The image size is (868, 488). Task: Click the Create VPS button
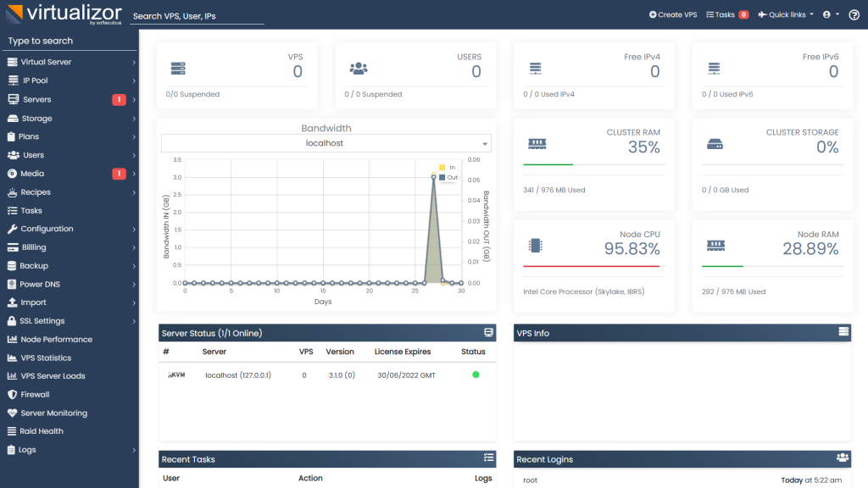tap(673, 14)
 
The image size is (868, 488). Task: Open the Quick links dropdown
tap(786, 14)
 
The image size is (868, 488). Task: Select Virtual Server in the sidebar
tap(46, 62)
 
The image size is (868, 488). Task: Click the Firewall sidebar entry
tap(35, 395)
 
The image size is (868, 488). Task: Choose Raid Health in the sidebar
tap(42, 431)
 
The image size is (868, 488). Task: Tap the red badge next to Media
tap(119, 174)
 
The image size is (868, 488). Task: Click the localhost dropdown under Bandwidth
tap(326, 143)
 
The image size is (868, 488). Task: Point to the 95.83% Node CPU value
tap(632, 249)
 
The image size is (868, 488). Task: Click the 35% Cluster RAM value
tap(643, 147)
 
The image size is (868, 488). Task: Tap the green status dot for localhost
tap(476, 374)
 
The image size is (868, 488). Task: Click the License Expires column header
tap(403, 352)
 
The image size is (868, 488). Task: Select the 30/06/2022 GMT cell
tap(406, 374)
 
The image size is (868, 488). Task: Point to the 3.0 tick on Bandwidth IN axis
tap(176, 177)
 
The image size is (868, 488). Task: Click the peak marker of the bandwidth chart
tap(434, 177)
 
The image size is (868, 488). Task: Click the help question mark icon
tap(853, 14)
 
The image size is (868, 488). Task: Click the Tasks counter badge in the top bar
tap(743, 14)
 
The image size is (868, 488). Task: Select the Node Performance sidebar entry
tap(56, 340)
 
